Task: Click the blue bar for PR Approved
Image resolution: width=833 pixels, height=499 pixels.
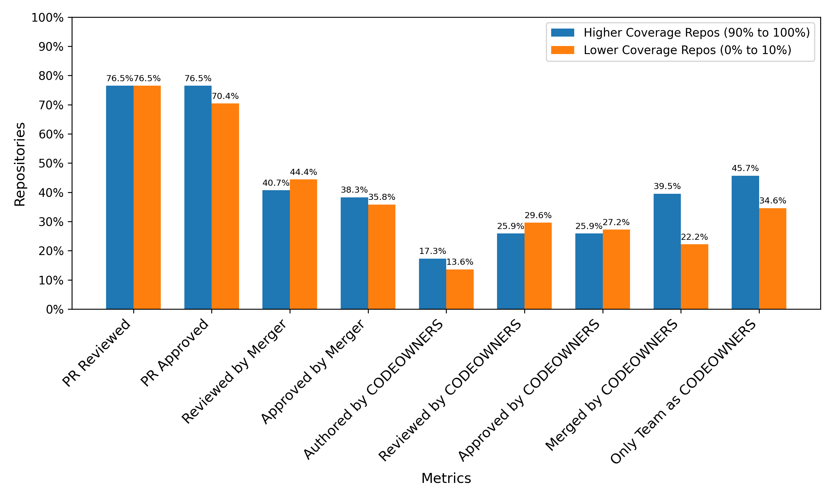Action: pos(198,197)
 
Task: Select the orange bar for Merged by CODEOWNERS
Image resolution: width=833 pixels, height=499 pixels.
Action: pos(694,277)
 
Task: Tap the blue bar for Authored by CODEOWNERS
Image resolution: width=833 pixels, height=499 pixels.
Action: pos(433,284)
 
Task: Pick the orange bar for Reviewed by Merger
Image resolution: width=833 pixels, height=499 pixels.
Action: pos(303,244)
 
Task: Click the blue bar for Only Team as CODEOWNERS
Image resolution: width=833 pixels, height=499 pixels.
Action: pos(746,243)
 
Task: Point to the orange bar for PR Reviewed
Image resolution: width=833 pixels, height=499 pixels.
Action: pos(147,197)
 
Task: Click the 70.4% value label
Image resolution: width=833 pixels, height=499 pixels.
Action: pos(225,96)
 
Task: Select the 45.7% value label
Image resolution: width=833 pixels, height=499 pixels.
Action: pos(746,168)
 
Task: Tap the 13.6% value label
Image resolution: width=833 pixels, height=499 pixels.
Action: pos(460,262)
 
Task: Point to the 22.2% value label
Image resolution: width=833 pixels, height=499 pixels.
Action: pos(694,237)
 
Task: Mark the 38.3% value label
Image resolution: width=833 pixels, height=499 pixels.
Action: pos(354,190)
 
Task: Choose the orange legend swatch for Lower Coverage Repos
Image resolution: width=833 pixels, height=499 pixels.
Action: pos(563,50)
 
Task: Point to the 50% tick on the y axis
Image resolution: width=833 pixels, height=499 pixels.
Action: pos(70,163)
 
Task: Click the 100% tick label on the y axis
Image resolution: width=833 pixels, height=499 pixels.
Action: pos(47,17)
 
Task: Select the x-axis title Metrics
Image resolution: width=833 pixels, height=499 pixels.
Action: pos(446,478)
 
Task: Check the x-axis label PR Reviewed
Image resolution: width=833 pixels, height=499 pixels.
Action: pos(96,352)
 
